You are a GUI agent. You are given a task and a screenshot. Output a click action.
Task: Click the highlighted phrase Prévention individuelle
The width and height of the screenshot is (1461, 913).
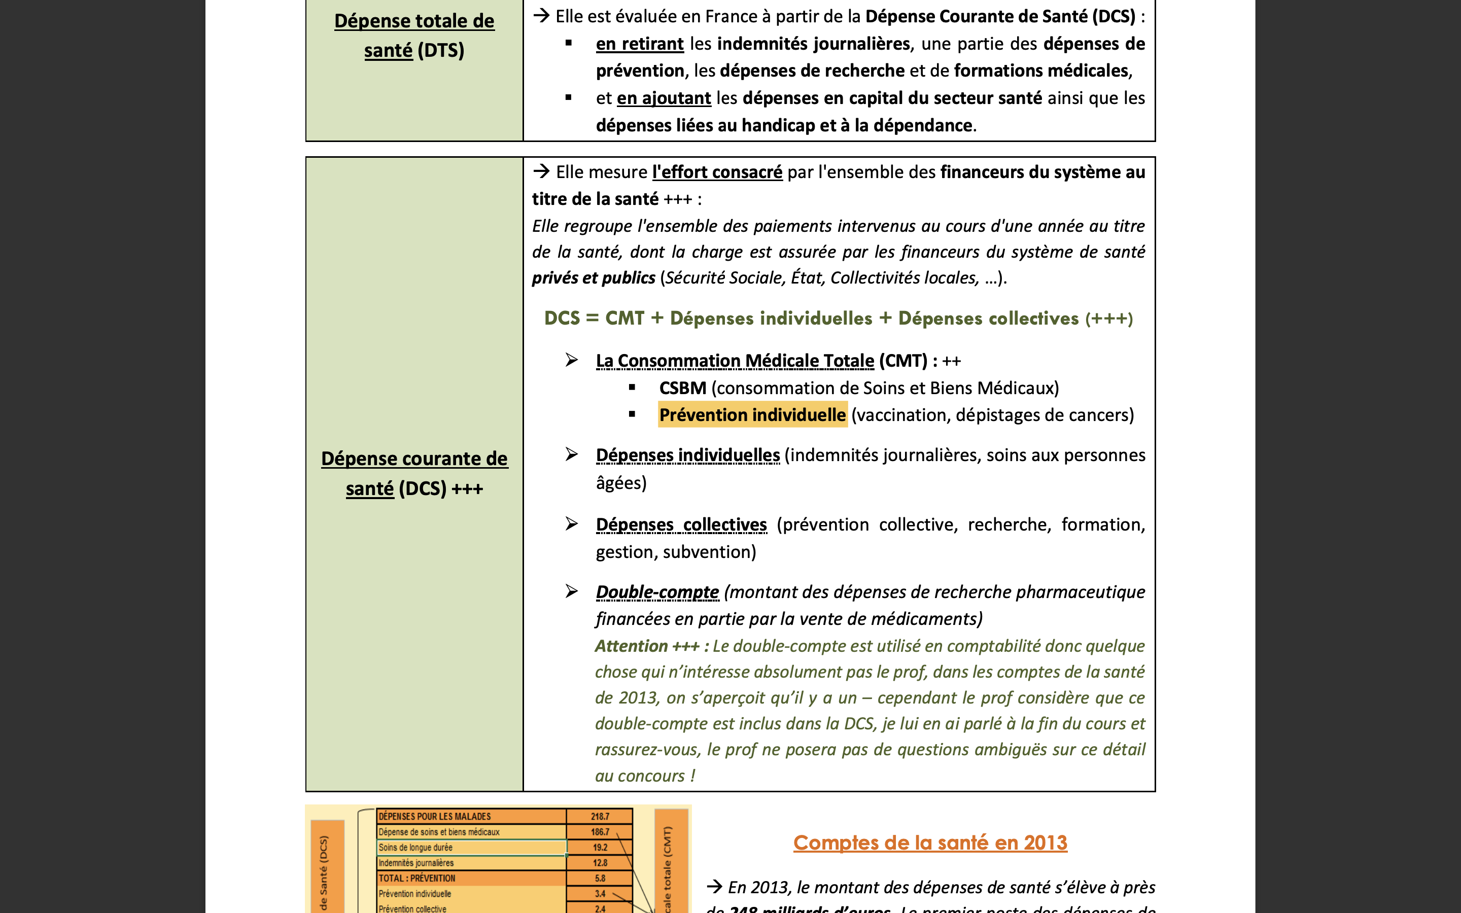click(752, 415)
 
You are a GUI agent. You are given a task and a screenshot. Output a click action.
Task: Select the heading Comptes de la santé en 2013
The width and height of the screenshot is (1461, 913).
click(930, 842)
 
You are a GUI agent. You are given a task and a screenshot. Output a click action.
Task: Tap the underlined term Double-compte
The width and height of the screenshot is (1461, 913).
click(657, 592)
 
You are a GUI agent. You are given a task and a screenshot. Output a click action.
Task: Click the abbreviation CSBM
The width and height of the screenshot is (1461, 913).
click(682, 388)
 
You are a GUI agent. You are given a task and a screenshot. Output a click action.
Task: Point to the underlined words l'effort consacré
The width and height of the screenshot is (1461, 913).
click(717, 172)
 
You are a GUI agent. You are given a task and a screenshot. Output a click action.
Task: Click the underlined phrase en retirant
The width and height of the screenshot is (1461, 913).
click(639, 44)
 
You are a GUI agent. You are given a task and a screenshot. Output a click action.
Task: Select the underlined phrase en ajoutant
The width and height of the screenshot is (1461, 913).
click(664, 98)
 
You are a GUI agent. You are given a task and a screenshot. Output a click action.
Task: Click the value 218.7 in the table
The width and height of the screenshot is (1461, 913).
click(600, 817)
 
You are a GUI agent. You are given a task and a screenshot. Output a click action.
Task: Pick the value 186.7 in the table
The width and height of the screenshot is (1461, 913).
click(600, 832)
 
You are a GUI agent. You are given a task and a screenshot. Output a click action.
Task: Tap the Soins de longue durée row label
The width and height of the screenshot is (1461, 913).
click(415, 848)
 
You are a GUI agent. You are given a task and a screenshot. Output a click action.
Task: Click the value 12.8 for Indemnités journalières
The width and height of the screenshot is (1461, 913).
click(600, 863)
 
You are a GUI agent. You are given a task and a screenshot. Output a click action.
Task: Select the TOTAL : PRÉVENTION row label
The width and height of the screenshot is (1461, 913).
click(416, 879)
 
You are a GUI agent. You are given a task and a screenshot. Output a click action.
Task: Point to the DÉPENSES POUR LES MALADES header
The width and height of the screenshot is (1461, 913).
click(435, 817)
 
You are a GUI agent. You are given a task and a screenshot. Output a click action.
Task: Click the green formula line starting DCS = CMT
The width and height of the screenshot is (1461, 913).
click(838, 318)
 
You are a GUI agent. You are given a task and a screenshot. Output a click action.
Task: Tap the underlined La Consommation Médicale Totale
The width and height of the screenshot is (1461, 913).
click(735, 361)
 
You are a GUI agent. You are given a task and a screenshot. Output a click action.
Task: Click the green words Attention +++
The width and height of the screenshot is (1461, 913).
click(647, 646)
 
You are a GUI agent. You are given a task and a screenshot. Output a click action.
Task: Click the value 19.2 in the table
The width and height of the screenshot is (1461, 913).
click(600, 848)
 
